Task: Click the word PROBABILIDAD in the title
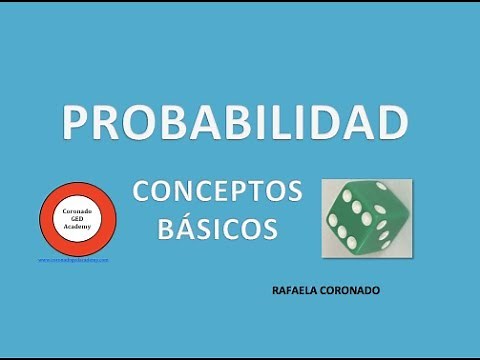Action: [x=235, y=121]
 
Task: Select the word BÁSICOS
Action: [x=218, y=229]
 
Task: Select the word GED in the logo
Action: [x=77, y=219]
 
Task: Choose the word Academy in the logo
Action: [x=77, y=228]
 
